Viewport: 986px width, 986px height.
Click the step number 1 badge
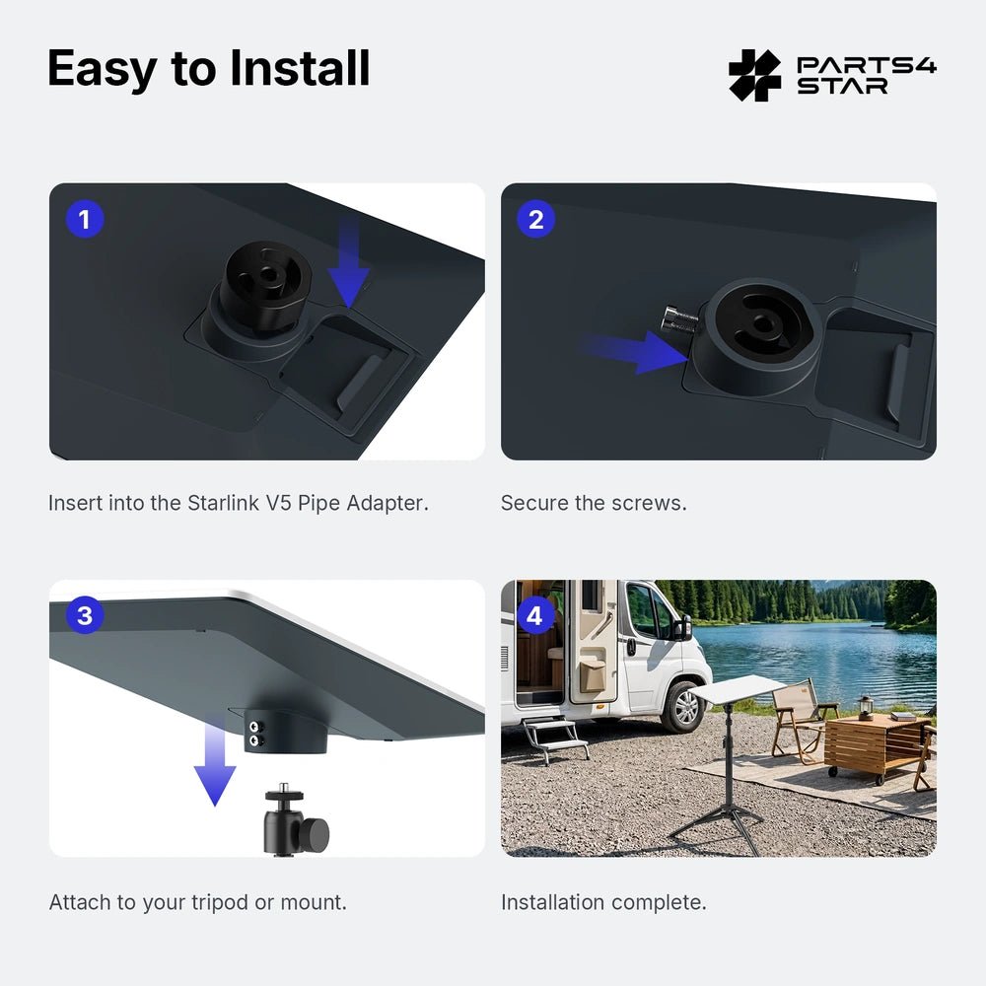pos(84,220)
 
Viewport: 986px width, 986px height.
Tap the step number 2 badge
pos(535,220)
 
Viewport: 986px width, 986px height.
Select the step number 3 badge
pos(84,615)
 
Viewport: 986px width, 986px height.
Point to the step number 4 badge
pos(534,615)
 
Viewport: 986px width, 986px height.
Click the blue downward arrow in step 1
pos(349,264)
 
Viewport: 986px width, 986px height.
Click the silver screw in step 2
pos(679,319)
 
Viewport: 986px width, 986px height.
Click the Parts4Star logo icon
pos(754,76)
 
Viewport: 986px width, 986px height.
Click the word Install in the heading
pos(300,68)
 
